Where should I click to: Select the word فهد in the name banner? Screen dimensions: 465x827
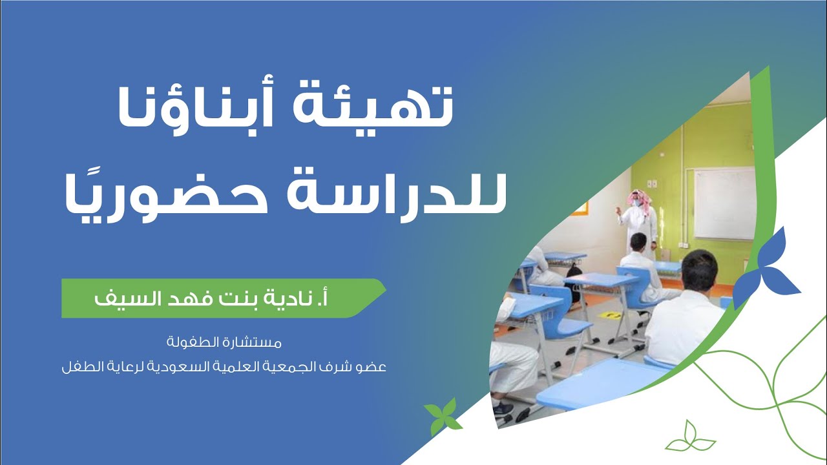point(187,298)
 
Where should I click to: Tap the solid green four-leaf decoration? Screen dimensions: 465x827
point(443,415)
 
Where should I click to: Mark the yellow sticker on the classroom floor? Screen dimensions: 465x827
point(609,315)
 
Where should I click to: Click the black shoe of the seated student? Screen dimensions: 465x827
point(503,408)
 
